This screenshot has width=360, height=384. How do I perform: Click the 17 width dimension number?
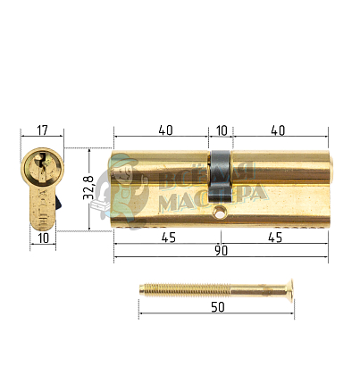point(41,130)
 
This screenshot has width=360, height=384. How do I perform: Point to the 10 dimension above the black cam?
point(222,130)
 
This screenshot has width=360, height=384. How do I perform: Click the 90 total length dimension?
point(221,251)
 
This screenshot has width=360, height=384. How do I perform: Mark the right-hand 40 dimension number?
point(277,130)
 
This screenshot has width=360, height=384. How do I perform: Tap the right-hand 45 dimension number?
point(275,238)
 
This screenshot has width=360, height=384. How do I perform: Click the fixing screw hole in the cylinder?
point(221,214)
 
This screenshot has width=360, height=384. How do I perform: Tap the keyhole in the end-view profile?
point(39,165)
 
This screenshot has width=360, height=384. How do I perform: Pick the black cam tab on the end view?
point(57,204)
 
